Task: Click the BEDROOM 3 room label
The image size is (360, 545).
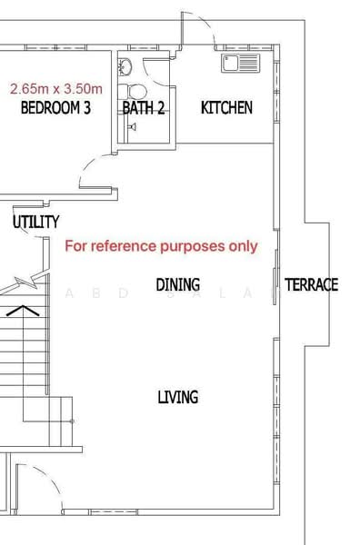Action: [x=55, y=108]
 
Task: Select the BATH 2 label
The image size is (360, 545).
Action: [x=144, y=108]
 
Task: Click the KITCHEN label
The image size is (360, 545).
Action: [x=226, y=108]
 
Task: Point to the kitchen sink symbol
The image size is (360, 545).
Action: [x=240, y=63]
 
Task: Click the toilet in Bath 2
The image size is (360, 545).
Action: [x=135, y=91]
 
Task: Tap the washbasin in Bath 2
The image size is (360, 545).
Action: [x=126, y=65]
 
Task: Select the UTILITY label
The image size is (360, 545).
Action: [x=36, y=222]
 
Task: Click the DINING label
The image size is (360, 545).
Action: [x=177, y=285]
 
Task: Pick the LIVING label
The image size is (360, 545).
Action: [x=178, y=397]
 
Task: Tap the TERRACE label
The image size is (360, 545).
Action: [x=311, y=285]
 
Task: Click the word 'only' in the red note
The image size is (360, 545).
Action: [x=243, y=246]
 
